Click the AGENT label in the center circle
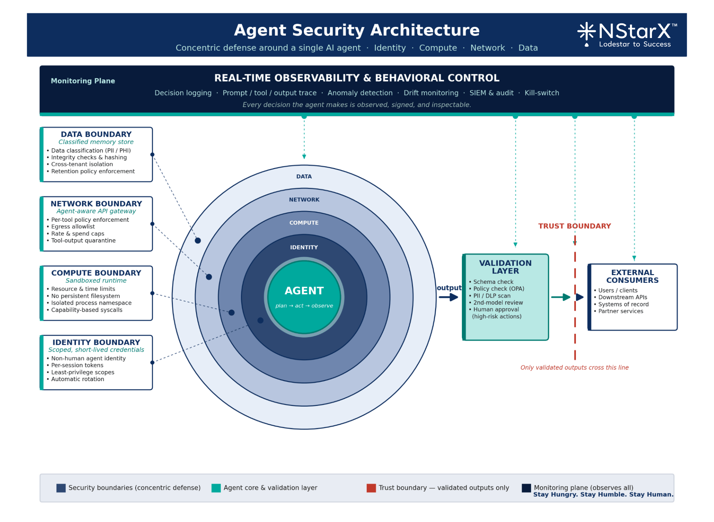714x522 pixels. pos(304,290)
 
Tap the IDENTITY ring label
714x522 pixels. pos(304,247)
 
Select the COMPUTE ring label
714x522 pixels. pos(304,223)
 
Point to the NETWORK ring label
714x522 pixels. pos(304,199)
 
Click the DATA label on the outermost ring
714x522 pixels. pos(304,176)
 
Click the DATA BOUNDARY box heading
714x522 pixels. pos(96,134)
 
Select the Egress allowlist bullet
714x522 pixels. pos(73,227)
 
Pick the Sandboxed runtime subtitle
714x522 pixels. pos(96,280)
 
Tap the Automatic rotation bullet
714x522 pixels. pos(77,379)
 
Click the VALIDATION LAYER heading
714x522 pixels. pos(505,267)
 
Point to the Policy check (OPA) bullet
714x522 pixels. pos(499,289)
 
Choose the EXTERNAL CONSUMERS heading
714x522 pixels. pos(632,276)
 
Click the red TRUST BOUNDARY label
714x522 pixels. pos(575,226)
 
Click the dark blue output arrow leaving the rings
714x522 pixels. pos(449,297)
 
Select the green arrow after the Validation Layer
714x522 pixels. pos(561,297)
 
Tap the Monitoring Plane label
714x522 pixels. pos(83,81)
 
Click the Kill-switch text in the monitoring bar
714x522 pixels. pos(542,93)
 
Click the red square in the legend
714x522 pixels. pos(371,488)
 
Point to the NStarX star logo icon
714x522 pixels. pos(586,32)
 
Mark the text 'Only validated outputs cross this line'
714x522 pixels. pos(575,368)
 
